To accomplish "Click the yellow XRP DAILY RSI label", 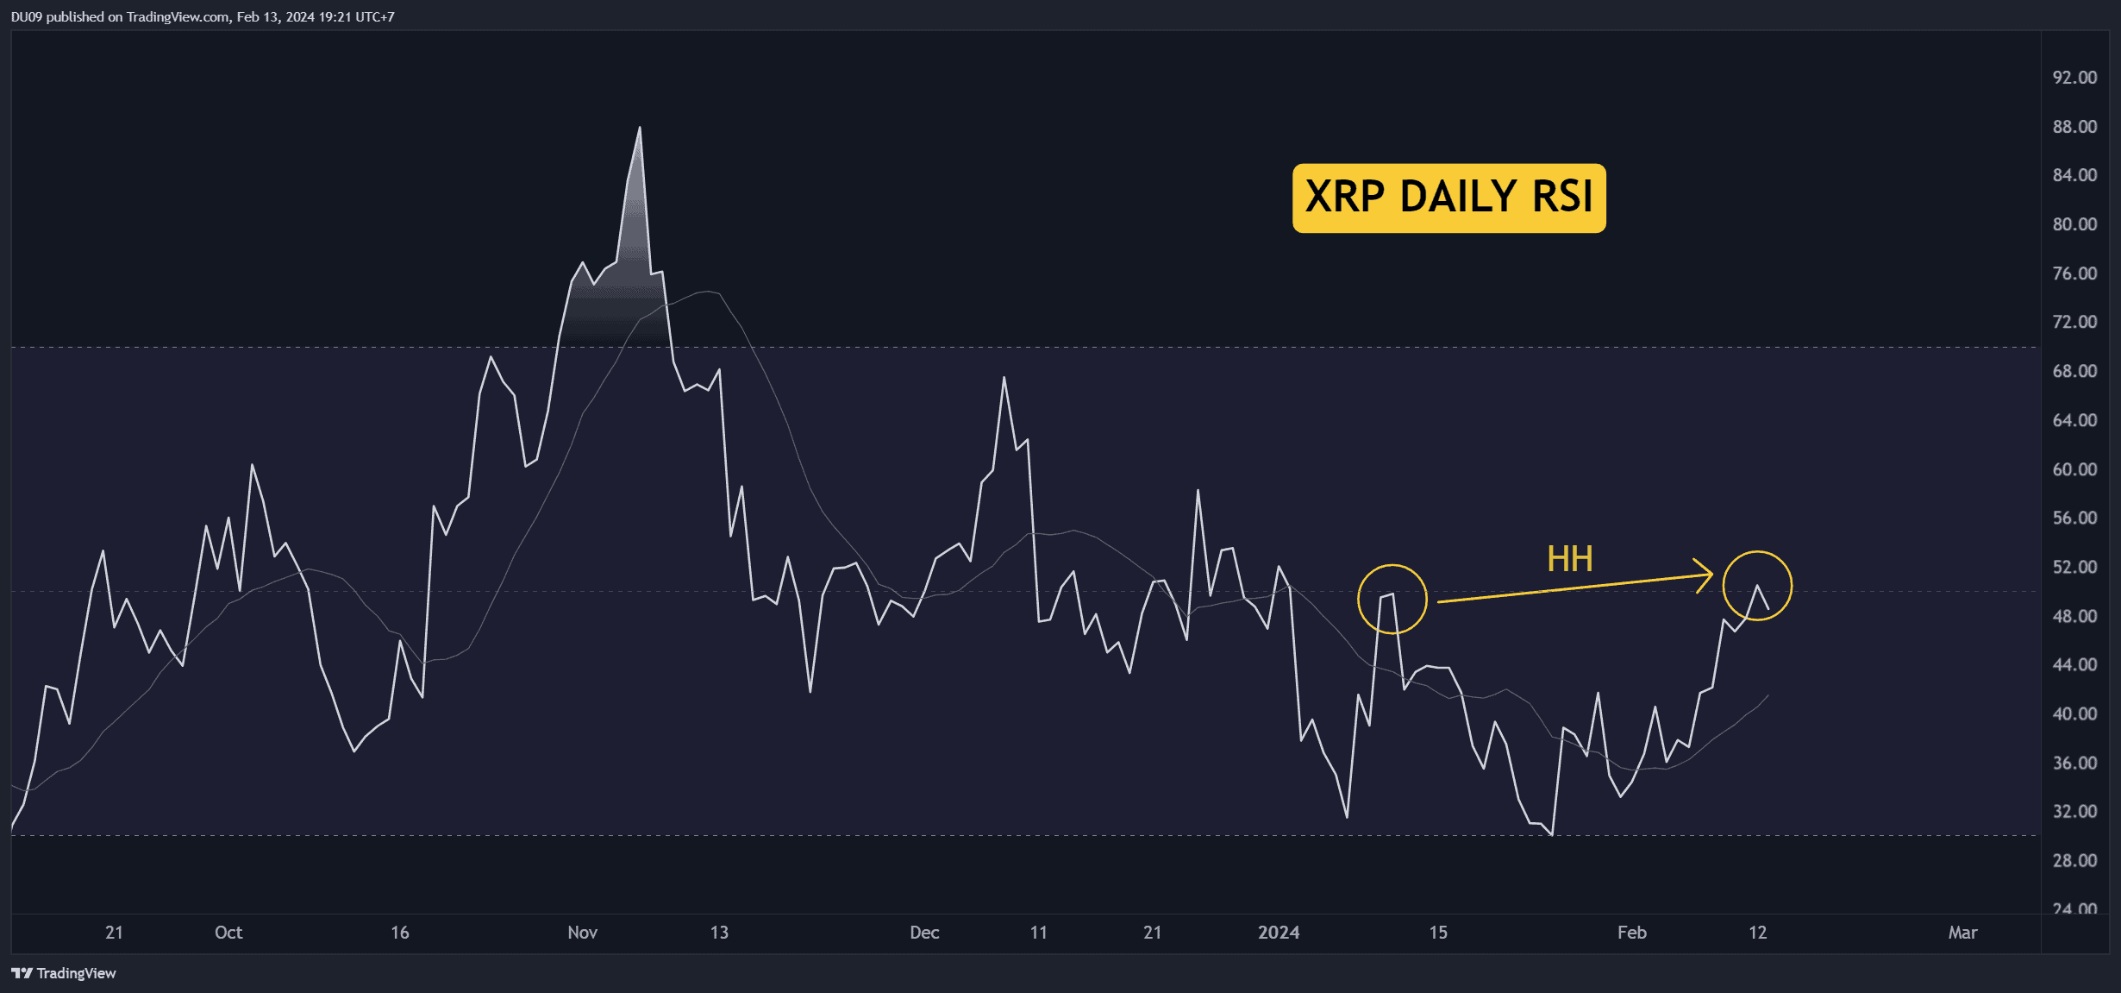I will point(1448,198).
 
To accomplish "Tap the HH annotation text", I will point(1569,559).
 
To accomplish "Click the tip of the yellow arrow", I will point(1711,575).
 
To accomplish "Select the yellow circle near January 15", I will point(1392,599).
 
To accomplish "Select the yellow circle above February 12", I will point(1757,586).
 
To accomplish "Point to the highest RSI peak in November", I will point(640,128).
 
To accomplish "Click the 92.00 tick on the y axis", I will point(2074,78).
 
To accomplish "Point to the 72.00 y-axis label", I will point(2074,322).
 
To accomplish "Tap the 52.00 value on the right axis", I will point(2074,567).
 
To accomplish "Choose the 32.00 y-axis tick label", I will point(2074,811).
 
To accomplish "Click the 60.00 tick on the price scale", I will point(2074,469).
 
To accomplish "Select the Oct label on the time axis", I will point(228,933).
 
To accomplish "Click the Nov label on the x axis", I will point(583,933).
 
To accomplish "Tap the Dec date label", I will point(924,933).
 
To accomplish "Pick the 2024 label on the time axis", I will point(1279,933).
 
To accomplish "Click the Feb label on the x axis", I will point(1632,933).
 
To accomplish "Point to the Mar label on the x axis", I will point(1963,933).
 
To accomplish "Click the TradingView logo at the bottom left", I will point(64,973).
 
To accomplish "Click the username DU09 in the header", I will point(27,16).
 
